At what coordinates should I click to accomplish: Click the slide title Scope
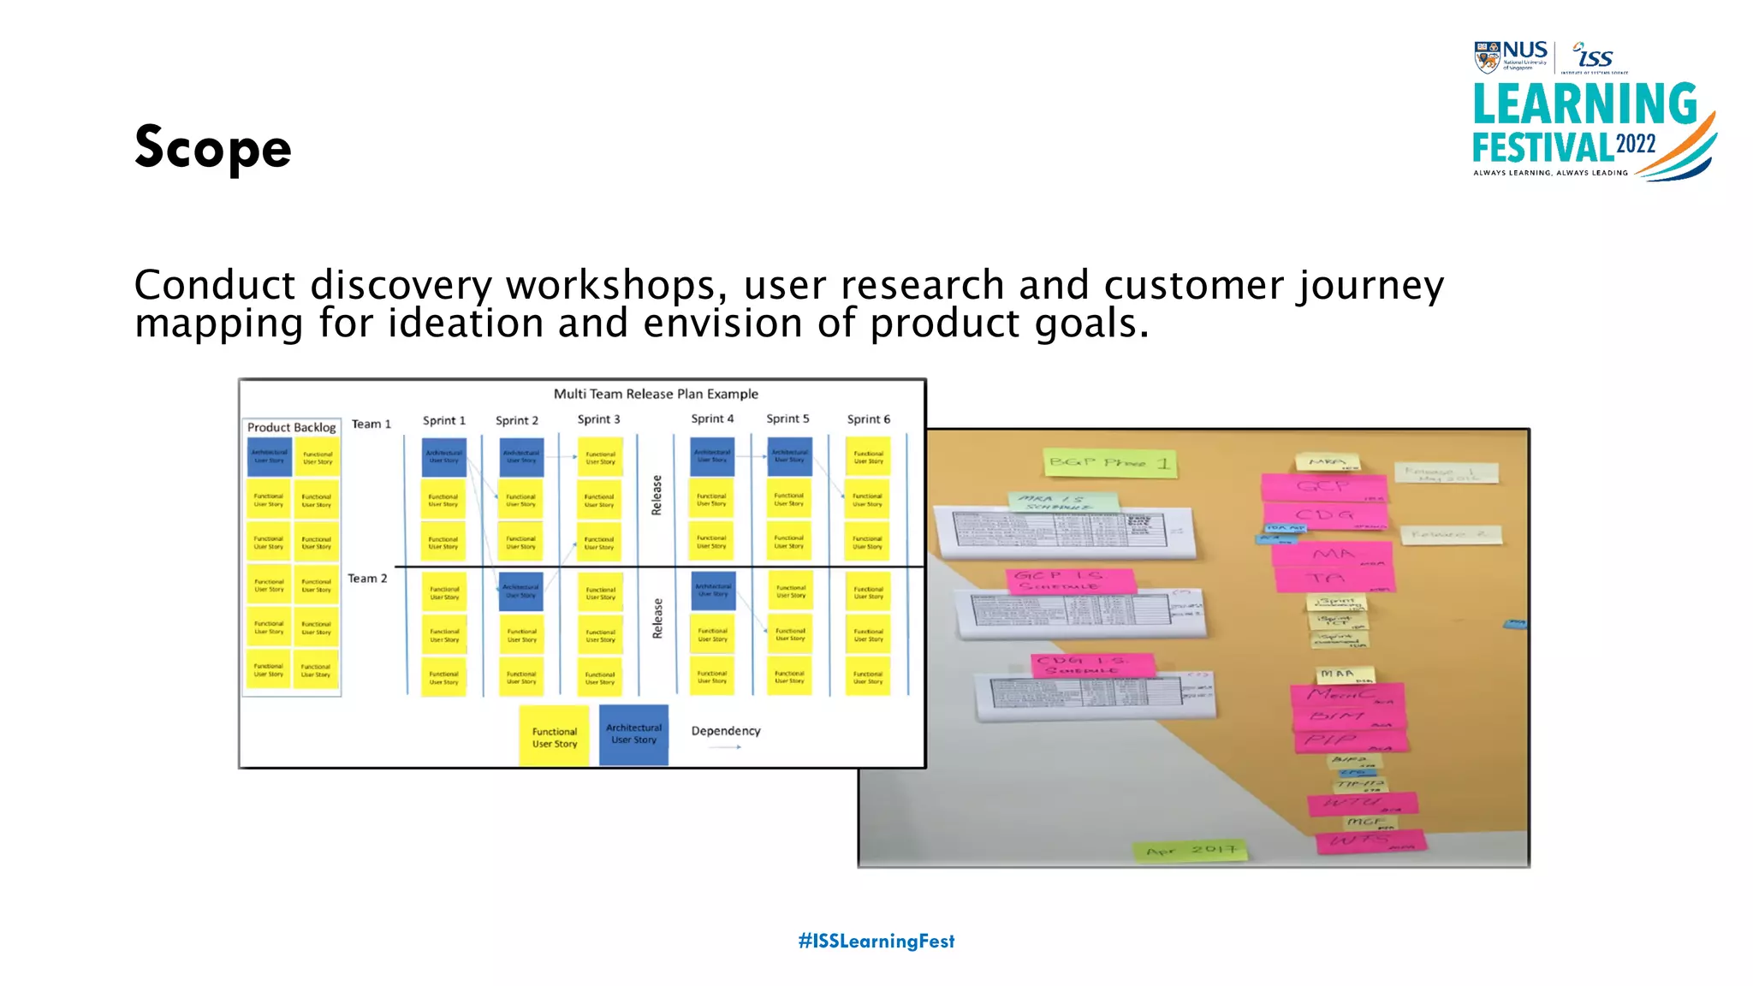(x=213, y=147)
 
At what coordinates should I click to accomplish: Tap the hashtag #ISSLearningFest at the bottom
(x=876, y=941)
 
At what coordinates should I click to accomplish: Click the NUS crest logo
(x=1487, y=56)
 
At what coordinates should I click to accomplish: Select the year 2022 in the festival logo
(x=1636, y=144)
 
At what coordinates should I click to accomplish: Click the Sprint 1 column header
(x=443, y=420)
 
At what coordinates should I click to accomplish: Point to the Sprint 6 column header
(x=868, y=419)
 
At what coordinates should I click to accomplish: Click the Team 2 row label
(x=367, y=579)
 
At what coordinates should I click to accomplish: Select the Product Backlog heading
(x=291, y=427)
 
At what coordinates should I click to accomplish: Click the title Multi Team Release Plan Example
(x=656, y=394)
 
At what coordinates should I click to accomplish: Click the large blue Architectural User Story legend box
(x=633, y=734)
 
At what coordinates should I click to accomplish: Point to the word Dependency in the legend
(x=725, y=730)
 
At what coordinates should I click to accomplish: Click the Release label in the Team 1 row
(x=657, y=495)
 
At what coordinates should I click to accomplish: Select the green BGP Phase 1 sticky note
(x=1109, y=463)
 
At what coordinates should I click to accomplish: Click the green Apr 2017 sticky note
(x=1191, y=850)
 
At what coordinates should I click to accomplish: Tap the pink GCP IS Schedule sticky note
(x=1070, y=580)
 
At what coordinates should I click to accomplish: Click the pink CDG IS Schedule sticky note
(x=1093, y=665)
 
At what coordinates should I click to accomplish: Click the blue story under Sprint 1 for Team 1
(x=443, y=456)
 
